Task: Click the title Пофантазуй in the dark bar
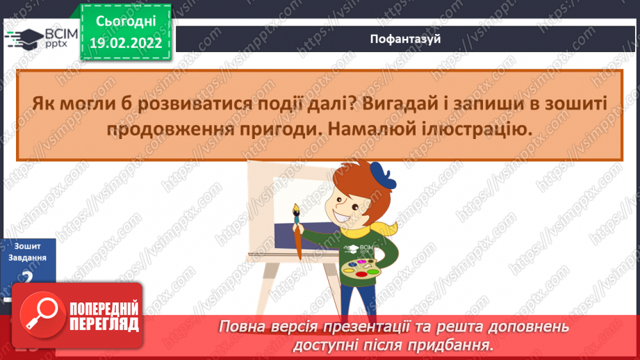tap(407, 39)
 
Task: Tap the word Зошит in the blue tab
tap(27, 246)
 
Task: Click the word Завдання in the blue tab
tap(27, 257)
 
